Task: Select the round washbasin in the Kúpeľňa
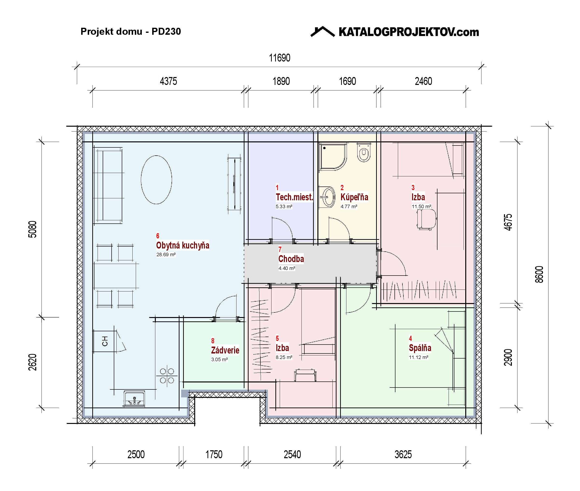point(328,197)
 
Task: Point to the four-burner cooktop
point(167,376)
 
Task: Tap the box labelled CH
point(105,341)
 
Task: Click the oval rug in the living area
point(156,180)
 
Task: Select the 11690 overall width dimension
point(279,58)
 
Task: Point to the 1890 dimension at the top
point(281,81)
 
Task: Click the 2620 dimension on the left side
point(33,362)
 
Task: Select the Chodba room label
point(291,259)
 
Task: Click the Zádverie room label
point(225,350)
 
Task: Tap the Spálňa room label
point(420,348)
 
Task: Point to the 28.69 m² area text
point(166,254)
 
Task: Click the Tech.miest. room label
point(294,197)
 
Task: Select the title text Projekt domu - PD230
point(131,31)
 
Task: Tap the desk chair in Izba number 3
point(426,219)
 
